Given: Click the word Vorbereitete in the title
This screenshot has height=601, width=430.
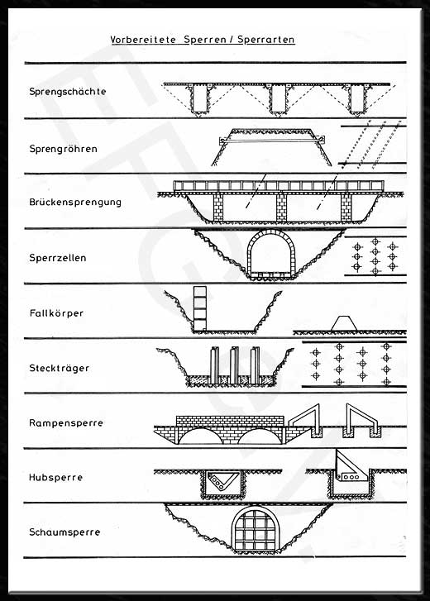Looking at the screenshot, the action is pos(143,40).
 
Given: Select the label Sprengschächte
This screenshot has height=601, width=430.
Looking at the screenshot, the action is pos(68,92).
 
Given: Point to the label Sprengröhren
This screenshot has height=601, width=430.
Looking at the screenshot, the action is pos(63,148).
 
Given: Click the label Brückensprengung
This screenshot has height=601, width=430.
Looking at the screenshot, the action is pos(75,202).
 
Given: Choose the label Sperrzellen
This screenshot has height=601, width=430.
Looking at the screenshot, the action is pos(58,258).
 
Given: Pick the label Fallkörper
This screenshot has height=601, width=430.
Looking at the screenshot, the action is pos(56,313).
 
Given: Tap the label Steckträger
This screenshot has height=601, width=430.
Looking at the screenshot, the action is pos(59,368).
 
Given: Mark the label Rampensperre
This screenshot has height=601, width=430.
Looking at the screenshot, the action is pos(66,423).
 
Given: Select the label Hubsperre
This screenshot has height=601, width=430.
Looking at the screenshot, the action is pos(55,478).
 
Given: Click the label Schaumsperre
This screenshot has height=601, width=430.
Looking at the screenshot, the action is pos(64,532).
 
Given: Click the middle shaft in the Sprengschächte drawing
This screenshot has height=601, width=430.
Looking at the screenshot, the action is pos(277,99).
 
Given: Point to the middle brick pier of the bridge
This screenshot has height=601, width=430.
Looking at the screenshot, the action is pos(282,207).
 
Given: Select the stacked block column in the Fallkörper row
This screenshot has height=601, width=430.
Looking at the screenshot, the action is pos(200,308).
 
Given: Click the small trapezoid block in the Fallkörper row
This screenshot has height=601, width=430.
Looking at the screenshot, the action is pos(344,323).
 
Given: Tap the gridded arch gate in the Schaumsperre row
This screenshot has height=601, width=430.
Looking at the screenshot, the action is pos(256,529).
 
